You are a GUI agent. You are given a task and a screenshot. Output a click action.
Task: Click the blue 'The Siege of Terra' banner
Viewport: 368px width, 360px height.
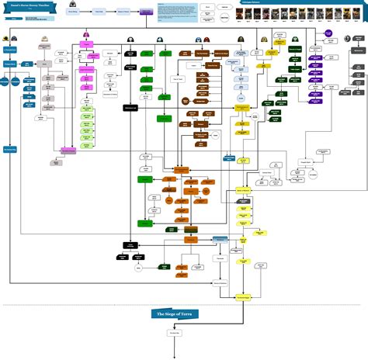(184, 313)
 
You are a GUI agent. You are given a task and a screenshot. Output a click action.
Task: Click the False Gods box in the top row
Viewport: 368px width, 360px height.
(99, 12)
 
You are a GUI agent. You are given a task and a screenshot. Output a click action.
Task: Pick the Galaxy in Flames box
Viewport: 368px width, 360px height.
(123, 12)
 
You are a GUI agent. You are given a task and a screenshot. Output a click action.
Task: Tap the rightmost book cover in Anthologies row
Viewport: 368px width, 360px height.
(361, 14)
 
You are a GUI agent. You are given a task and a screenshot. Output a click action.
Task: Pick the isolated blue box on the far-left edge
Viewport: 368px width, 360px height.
(9, 148)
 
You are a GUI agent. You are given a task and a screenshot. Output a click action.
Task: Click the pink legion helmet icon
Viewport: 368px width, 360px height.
(87, 36)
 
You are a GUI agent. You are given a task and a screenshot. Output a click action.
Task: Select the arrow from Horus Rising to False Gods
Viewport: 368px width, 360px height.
(86, 12)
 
